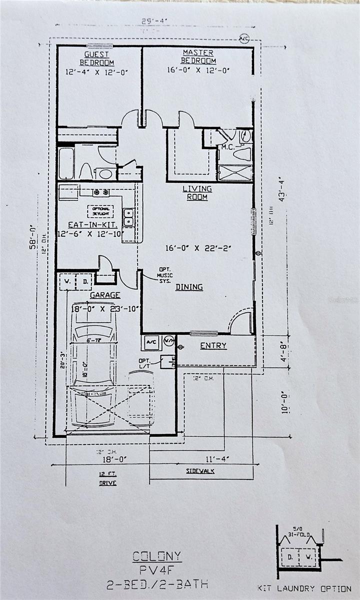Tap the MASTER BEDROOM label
(x=198, y=56)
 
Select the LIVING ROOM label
(x=197, y=192)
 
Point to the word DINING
(x=189, y=287)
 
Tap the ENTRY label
(x=213, y=345)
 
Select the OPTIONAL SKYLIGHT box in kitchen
(x=101, y=211)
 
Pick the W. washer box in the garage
(x=66, y=281)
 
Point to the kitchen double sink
(x=128, y=216)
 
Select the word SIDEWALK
(x=200, y=471)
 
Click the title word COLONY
(x=157, y=556)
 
